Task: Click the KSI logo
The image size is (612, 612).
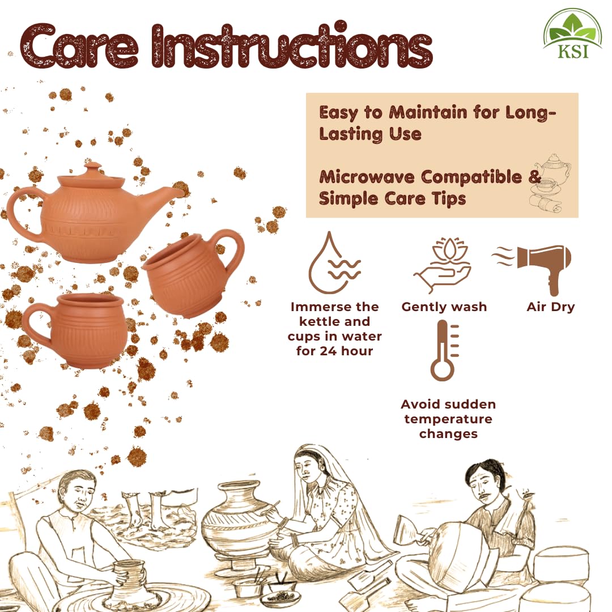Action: tap(572, 35)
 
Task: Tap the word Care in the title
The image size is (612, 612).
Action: tap(80, 48)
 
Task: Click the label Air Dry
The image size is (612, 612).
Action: tap(550, 307)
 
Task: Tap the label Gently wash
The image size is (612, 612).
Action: tap(444, 307)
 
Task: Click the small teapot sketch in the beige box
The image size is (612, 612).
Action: tap(552, 168)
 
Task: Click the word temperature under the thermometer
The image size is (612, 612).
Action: tap(448, 419)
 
